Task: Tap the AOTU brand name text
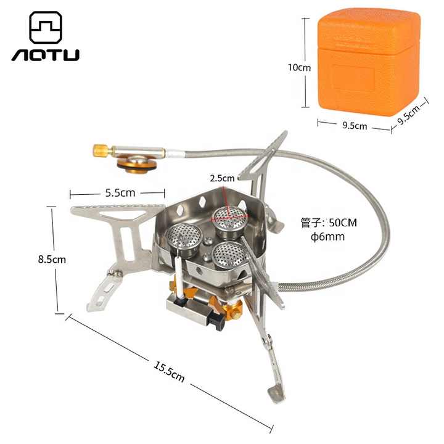tap(46, 55)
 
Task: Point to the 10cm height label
tap(300, 67)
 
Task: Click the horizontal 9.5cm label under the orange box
tap(355, 126)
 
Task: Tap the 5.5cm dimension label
tap(120, 192)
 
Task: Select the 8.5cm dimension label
tap(52, 260)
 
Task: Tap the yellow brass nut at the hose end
tap(100, 149)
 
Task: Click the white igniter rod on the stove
tap(177, 274)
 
